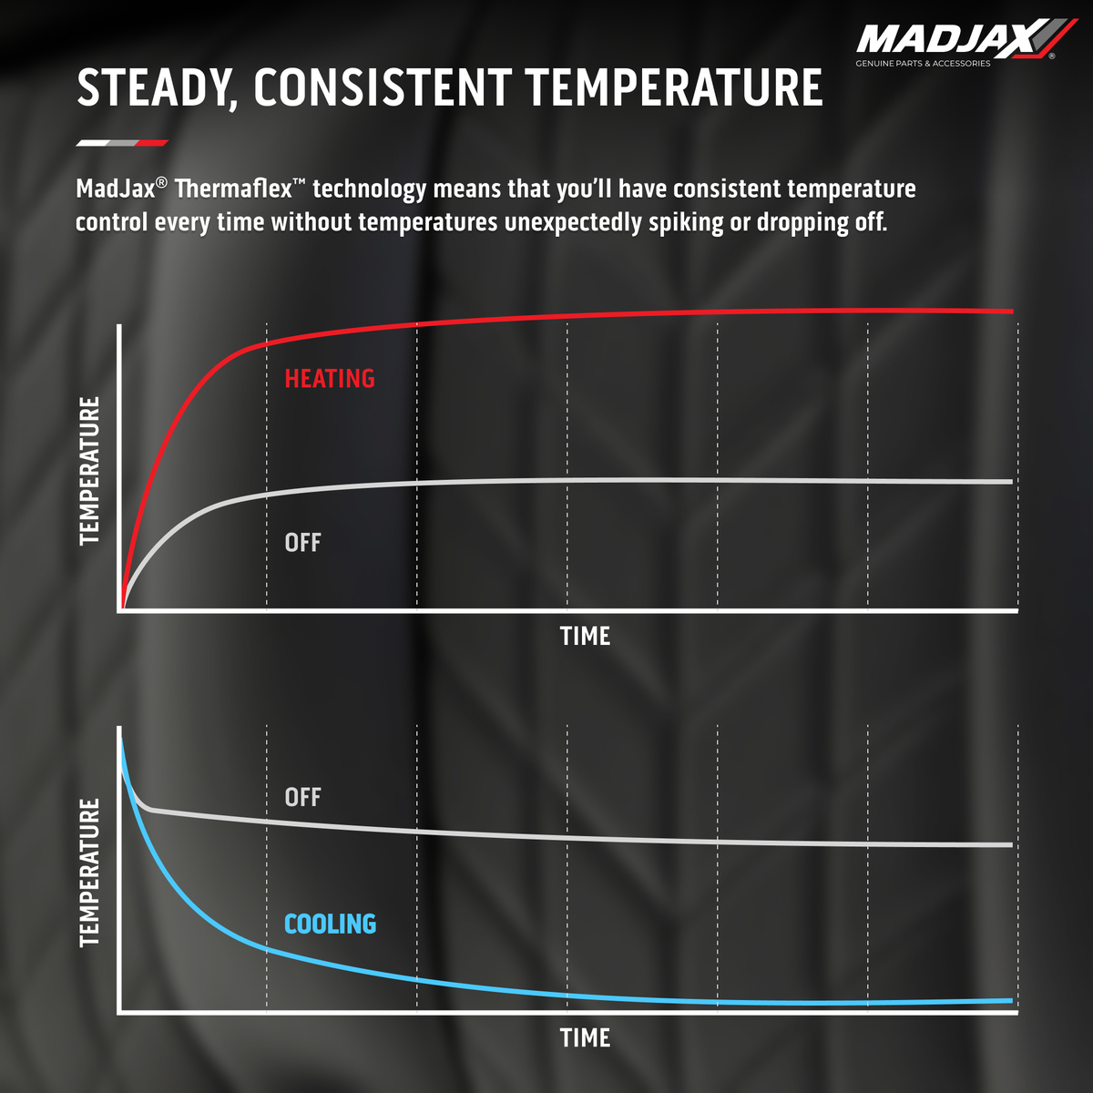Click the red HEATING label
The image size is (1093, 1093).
pos(330,379)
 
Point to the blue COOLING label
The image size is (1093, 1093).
pos(330,924)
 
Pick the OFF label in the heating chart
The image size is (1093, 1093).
pos(302,543)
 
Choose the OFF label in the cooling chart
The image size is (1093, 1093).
pos(302,797)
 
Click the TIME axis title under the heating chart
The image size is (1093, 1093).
pos(585,636)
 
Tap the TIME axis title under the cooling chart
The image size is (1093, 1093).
pos(585,1037)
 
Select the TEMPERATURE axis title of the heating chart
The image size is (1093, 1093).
pos(89,471)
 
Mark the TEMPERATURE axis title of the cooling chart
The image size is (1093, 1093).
pos(89,872)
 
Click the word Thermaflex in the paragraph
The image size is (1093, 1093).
pos(233,189)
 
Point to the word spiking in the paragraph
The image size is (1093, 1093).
pos(686,222)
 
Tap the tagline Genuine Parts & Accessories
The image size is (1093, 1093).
pos(923,64)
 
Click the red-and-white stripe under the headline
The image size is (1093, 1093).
pos(122,143)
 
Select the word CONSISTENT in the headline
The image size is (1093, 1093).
pos(382,88)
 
